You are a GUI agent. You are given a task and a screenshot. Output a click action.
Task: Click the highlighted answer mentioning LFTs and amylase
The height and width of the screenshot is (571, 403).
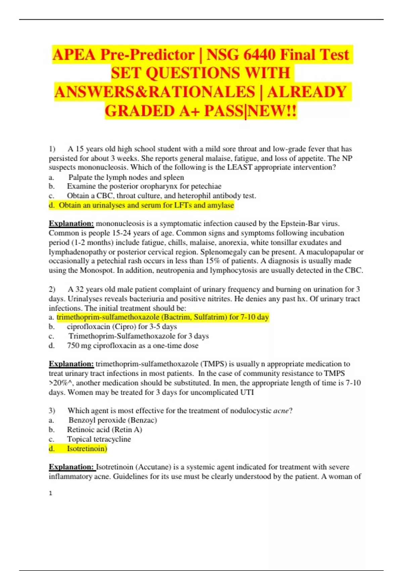(x=146, y=205)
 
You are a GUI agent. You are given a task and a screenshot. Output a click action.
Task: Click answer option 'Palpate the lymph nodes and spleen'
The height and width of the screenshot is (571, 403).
(x=126, y=177)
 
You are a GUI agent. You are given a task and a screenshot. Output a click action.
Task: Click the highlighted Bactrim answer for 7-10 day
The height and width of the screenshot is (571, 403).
(x=163, y=317)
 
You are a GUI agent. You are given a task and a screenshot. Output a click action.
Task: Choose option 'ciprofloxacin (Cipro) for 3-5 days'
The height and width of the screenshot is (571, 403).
(x=122, y=326)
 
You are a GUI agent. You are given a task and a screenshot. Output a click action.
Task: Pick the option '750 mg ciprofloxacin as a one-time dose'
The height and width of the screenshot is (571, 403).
(x=133, y=346)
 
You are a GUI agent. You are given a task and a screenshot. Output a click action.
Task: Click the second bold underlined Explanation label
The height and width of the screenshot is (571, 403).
(x=71, y=364)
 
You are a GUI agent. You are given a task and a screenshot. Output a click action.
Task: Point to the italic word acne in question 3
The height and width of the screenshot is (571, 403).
(x=281, y=410)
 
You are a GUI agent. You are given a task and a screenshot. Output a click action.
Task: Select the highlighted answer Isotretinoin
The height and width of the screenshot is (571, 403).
(x=87, y=448)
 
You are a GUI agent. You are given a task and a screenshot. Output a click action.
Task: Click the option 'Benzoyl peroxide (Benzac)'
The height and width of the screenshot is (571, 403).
(x=113, y=420)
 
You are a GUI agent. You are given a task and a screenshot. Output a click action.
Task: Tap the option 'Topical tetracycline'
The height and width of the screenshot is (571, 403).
(x=99, y=439)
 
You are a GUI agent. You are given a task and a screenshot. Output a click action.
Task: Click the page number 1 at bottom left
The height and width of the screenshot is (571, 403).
(x=51, y=493)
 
